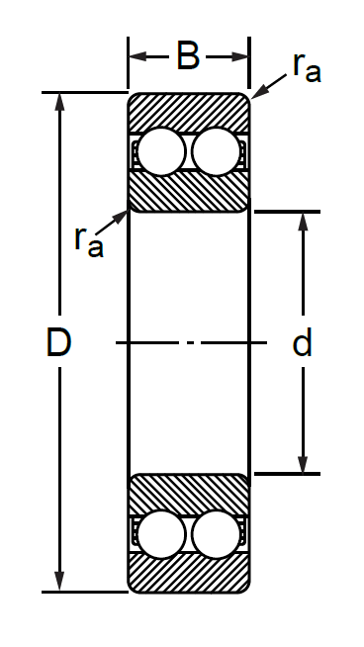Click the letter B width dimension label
[188, 55]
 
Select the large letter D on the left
[58, 341]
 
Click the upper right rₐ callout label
[307, 68]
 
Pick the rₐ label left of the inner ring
[89, 242]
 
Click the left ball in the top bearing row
[161, 151]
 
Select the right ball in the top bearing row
[216, 151]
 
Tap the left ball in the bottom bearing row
[161, 534]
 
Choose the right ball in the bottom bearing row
[216, 534]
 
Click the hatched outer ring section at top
[189, 112]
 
